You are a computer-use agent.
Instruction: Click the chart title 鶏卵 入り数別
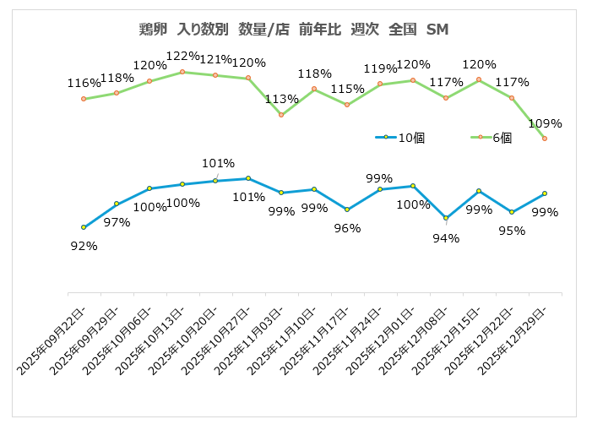pos(294,30)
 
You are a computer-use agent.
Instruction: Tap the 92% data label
pos(84,246)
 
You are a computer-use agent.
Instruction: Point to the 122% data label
pos(182,57)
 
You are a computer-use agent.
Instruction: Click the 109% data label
pos(545,123)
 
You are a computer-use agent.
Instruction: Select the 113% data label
pos(281,99)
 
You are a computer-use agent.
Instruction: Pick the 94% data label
pos(446,238)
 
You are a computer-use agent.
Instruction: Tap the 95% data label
pos(512,230)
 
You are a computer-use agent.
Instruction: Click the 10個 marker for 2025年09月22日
pos(84,227)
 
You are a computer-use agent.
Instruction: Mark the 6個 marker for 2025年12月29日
pos(545,139)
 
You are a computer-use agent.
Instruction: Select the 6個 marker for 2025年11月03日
pos(281,115)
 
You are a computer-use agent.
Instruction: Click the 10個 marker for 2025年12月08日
pos(446,218)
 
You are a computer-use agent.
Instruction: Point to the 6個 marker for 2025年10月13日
pos(182,73)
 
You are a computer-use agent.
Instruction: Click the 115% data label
pos(347,89)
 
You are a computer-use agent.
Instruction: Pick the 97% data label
pos(117,222)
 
